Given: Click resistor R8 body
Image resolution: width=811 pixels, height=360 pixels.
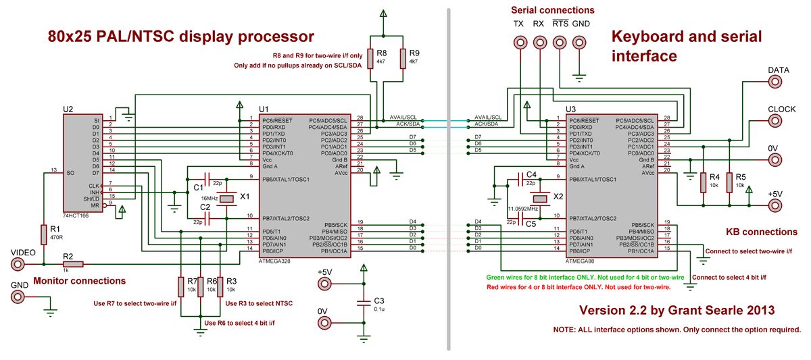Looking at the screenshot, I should pos(371,58).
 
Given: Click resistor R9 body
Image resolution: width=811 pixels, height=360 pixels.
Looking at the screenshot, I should pos(403,58).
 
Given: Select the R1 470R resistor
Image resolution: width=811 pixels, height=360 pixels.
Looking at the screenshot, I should pos(43,234).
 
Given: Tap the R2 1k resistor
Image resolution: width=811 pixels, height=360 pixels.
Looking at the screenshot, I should pos(68,264).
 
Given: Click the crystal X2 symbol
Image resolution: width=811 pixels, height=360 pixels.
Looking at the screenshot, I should pos(539,199).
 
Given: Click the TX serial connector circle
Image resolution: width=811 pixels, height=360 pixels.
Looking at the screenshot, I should pos(519,41).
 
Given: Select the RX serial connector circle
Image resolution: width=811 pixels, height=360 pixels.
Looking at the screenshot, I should pos(539,41).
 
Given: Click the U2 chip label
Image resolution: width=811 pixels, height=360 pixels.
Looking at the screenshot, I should pos(68,109).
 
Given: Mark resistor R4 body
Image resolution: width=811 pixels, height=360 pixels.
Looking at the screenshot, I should pos(704,182).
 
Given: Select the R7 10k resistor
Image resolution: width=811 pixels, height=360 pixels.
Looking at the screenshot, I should pos(181,286).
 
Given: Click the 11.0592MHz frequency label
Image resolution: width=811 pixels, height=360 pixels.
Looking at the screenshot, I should pos(524,210).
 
